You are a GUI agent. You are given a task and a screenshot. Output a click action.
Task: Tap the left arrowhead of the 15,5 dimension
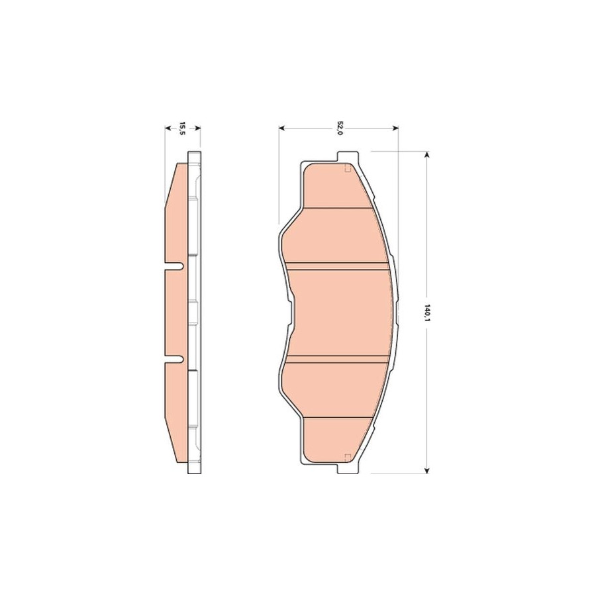(x=168, y=128)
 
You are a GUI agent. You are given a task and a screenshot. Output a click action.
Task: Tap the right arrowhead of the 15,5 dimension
(x=197, y=128)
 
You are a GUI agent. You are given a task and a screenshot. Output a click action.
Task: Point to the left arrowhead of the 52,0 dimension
(x=281, y=128)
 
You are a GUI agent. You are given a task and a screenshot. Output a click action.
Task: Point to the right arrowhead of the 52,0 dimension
(x=395, y=128)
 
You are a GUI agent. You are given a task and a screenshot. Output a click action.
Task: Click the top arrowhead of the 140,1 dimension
(x=427, y=154)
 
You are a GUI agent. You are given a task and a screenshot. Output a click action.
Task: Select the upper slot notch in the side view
(x=174, y=267)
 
